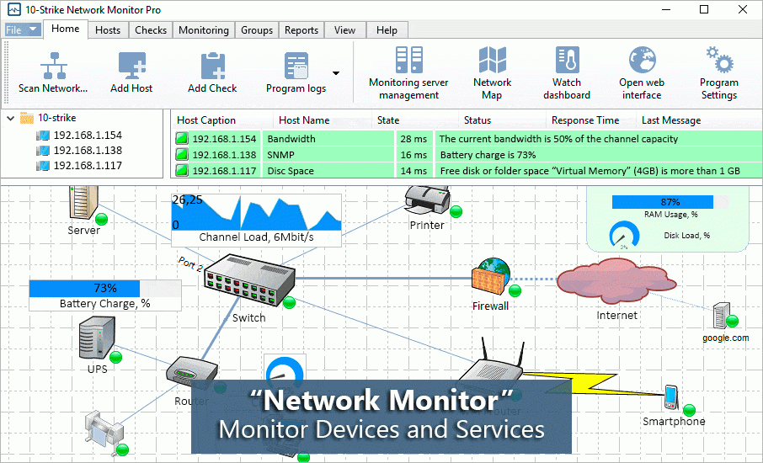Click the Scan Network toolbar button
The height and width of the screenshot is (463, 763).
[x=53, y=72]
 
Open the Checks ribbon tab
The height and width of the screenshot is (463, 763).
[x=151, y=30]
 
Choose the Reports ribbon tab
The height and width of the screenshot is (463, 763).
[x=301, y=30]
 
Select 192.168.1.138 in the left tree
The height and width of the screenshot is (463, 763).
[x=88, y=151]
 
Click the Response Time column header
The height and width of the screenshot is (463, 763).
[x=584, y=120]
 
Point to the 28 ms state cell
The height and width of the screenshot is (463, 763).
[x=414, y=139]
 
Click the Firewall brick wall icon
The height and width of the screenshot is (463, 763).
[x=491, y=275]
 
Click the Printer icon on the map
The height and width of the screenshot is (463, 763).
[x=425, y=200]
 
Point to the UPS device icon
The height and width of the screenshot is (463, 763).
[x=96, y=338]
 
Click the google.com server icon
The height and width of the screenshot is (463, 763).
[x=721, y=316]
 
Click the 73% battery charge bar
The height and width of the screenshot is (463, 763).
[x=104, y=288]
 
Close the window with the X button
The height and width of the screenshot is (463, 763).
[x=742, y=9]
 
